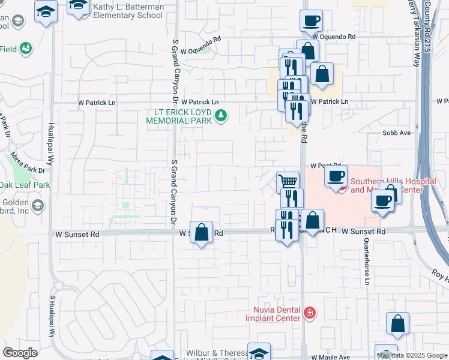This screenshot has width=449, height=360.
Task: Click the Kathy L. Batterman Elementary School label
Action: point(129,11)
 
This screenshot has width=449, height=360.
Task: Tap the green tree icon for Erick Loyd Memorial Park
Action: point(221,115)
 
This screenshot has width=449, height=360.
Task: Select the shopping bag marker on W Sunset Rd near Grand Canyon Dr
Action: point(202,233)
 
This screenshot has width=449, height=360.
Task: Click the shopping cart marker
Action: point(288,181)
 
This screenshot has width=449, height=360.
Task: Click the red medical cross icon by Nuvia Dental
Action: point(310,313)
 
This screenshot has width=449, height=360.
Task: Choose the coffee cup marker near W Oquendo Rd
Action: point(311,22)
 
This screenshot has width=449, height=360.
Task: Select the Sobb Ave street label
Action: point(396,133)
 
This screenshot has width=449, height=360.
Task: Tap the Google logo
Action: point(20,353)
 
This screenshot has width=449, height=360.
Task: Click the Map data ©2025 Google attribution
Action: point(412,355)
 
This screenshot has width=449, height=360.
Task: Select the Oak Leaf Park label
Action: point(25,185)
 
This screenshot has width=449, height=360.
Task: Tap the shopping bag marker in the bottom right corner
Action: point(397,323)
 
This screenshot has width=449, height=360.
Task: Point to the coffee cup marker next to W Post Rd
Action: point(336,176)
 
